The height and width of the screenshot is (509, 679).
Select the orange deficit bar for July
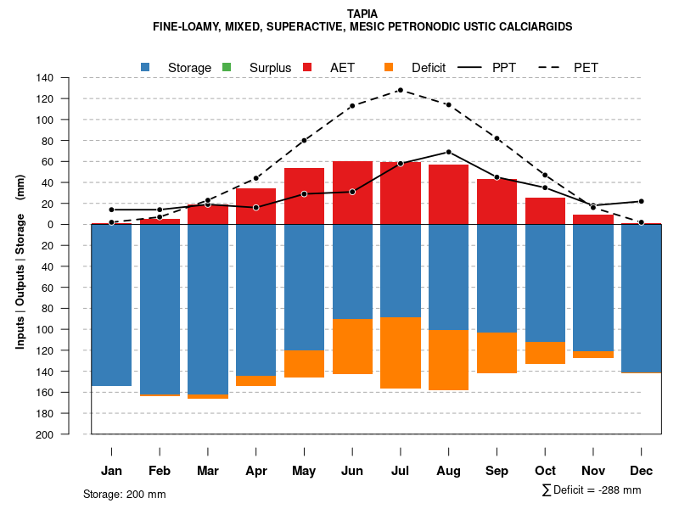(401, 353)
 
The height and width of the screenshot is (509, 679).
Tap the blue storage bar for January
(111, 305)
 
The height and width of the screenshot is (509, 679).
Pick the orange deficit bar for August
(448, 360)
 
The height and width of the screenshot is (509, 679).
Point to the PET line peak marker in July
(400, 90)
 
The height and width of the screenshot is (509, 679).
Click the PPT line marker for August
(448, 152)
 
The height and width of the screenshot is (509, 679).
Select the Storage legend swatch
(146, 67)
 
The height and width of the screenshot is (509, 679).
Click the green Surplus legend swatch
(227, 67)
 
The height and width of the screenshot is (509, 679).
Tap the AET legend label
(342, 67)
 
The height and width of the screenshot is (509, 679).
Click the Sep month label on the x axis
(497, 471)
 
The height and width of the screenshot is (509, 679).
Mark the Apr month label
(255, 471)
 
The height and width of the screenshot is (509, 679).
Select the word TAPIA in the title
(362, 14)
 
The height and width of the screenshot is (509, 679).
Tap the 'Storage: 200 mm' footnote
(124, 494)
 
